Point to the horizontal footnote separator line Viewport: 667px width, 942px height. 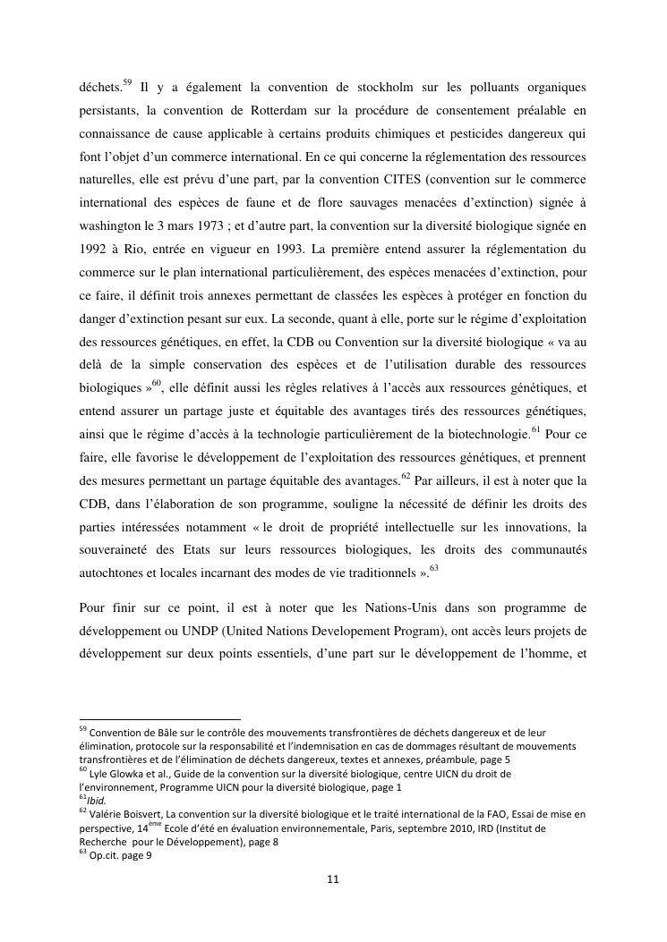pyautogui.click(x=159, y=718)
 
